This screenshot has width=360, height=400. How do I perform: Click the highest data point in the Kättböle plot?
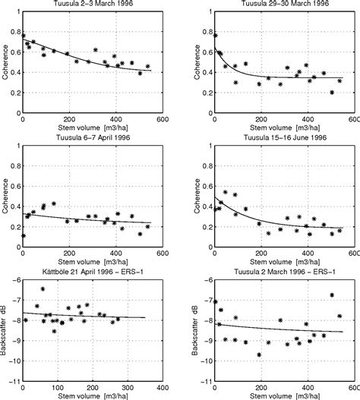43,289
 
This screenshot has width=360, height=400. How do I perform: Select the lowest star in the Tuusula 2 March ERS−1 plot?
259,354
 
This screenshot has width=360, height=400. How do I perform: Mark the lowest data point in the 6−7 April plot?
24,235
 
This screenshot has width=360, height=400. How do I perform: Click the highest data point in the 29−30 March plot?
216,35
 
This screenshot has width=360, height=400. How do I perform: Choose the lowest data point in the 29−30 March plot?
332,93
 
